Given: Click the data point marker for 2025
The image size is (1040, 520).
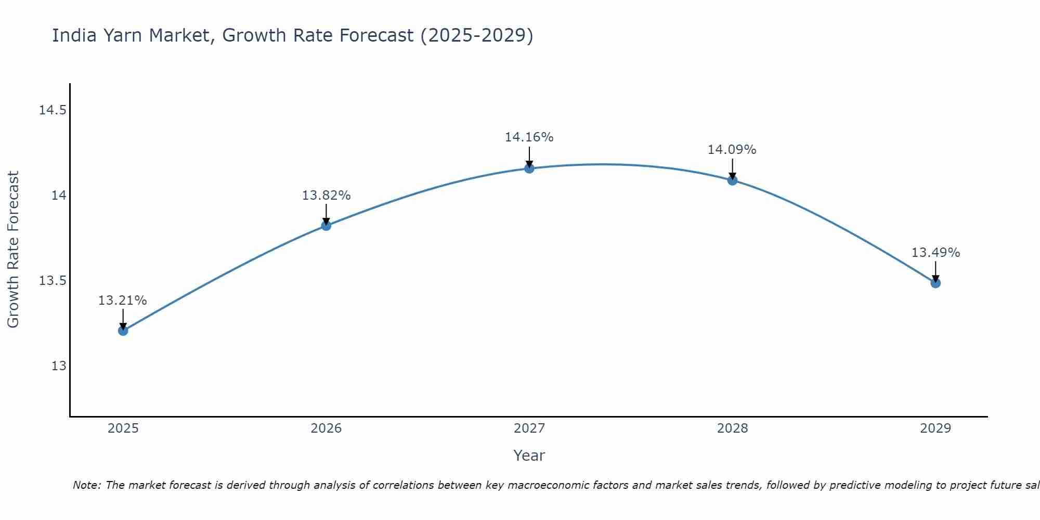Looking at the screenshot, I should tap(123, 331).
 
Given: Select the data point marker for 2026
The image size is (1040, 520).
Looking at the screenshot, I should tap(326, 226).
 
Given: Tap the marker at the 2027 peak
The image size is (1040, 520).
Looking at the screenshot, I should tap(529, 168).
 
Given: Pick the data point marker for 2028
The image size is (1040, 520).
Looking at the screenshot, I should tap(732, 180).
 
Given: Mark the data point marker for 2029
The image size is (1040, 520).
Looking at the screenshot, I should tap(935, 283).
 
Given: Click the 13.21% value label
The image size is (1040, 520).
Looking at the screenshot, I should tap(123, 301).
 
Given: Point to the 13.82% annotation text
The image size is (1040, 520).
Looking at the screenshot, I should tap(326, 196).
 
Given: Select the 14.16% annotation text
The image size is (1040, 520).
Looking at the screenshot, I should tap(529, 137).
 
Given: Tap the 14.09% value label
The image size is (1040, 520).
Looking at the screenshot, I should tap(732, 150).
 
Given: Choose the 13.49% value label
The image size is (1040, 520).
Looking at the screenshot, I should tap(935, 253).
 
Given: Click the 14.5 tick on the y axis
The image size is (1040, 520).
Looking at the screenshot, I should tap(53, 110).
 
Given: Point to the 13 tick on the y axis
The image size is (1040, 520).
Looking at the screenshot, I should tap(59, 366).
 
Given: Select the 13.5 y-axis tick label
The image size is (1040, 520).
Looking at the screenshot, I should tap(53, 281).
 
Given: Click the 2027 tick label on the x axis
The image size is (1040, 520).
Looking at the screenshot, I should tap(529, 428).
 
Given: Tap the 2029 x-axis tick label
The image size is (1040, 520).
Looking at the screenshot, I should tap(935, 428).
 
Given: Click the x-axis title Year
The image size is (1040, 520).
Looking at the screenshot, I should tap(529, 456).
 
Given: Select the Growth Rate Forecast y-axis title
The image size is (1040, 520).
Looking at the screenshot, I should tap(13, 250).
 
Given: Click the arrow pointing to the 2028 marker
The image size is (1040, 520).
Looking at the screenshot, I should tap(732, 169).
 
